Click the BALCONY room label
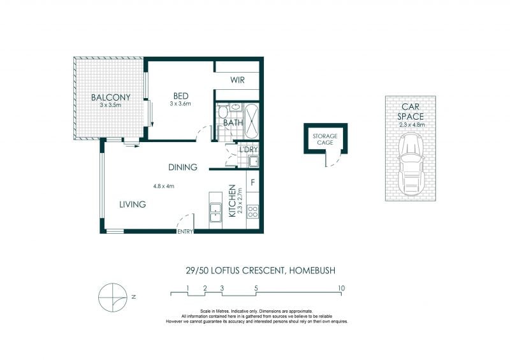coord(110,97)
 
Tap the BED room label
coord(181,96)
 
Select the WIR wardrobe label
coord(237,80)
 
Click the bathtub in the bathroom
coord(252,121)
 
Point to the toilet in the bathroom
coord(222,112)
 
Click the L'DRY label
coord(249,150)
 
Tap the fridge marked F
coord(252,182)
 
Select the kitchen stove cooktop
coord(252,212)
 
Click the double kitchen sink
coord(215,213)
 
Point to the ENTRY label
coord(185,232)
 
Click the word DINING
coord(183,167)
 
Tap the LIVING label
coord(133,205)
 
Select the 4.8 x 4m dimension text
coord(164,186)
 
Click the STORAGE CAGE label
coord(325,139)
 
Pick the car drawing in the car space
coord(411,164)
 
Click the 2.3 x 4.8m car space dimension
coord(412,124)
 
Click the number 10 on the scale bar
coord(341,288)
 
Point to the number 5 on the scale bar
coord(256,288)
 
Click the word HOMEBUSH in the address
coord(312,271)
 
